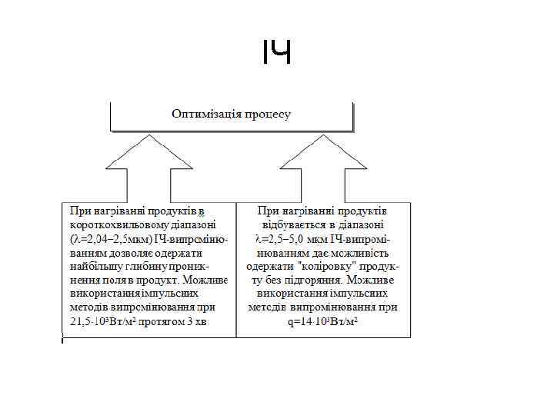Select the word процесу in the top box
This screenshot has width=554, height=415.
click(x=268, y=115)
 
